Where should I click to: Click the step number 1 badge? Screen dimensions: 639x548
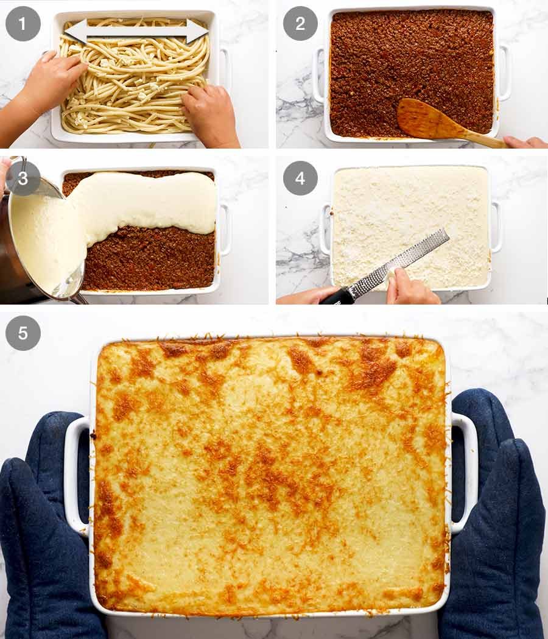23,24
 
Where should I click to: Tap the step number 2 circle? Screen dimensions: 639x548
300,24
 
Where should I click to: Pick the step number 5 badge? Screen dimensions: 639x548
23,333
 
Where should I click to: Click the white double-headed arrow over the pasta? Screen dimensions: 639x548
136,30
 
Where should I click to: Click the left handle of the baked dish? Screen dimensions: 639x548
76,475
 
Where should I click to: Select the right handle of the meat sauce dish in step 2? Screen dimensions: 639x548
504,73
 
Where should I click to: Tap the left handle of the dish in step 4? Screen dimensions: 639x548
325,228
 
